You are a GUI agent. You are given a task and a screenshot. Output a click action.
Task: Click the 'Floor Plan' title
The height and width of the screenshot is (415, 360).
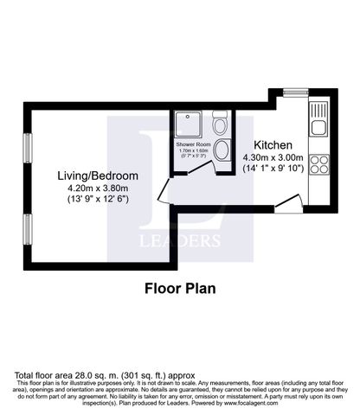179,288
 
